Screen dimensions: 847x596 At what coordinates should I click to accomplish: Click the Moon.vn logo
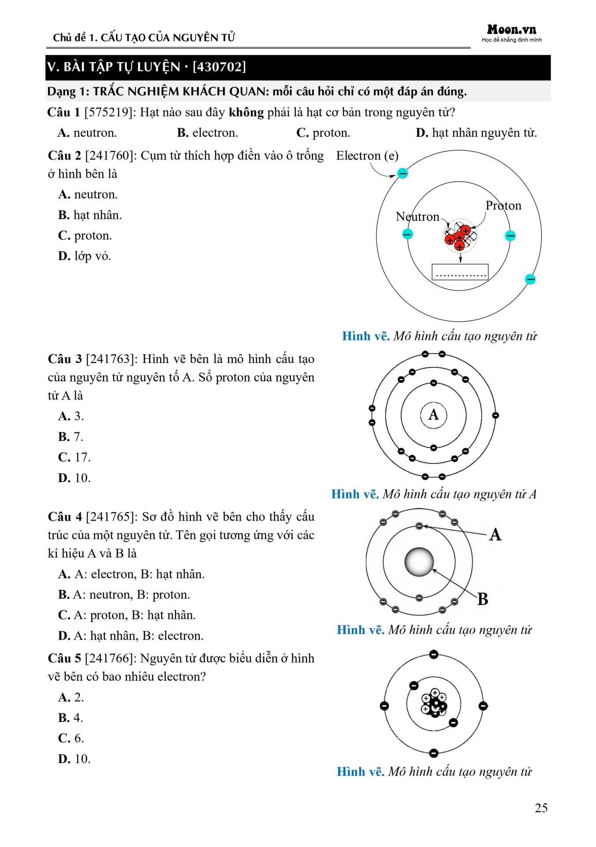511,30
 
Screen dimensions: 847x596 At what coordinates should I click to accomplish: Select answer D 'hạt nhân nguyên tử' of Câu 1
477,133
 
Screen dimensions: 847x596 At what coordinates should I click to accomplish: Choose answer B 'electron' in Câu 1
208,133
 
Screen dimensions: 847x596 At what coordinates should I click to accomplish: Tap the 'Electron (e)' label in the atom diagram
367,156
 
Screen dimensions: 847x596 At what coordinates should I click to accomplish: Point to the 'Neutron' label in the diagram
417,217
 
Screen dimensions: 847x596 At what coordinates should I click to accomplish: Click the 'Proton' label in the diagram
503,206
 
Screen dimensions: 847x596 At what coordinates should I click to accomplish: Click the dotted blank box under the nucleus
460,272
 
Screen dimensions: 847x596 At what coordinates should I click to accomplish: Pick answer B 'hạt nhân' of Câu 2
90,215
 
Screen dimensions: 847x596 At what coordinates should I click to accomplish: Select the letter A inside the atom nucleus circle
434,415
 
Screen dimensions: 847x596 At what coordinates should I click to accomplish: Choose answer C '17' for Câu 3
74,457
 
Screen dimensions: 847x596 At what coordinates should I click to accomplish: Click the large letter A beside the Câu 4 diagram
495,535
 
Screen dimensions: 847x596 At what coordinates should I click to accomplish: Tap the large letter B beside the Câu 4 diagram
483,599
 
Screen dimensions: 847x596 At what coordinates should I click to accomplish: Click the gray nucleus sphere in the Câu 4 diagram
419,562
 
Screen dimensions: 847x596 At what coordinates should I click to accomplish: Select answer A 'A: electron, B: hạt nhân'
131,574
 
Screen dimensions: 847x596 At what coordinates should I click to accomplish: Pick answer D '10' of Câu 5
74,759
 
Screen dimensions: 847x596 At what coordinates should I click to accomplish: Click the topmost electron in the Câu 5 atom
434,654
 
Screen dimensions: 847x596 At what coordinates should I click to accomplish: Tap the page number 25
541,808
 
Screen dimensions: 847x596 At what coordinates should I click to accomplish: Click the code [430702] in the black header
219,67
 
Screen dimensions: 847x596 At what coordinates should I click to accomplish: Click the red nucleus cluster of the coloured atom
460,236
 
